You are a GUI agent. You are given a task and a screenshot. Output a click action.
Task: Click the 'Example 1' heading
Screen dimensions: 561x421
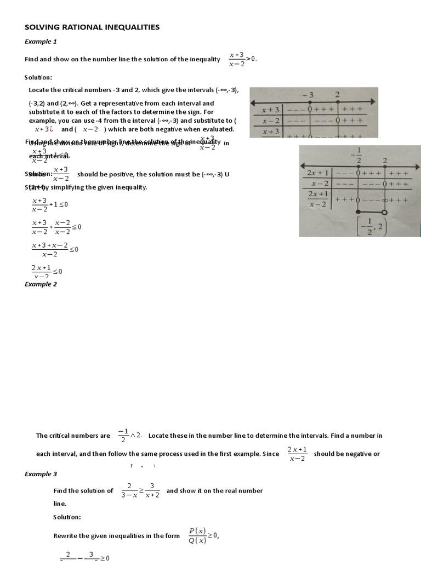[x=41, y=42]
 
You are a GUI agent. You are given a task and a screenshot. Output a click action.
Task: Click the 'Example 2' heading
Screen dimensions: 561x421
[x=41, y=284]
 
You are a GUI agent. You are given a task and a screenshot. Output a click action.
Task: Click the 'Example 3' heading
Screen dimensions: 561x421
[x=41, y=474]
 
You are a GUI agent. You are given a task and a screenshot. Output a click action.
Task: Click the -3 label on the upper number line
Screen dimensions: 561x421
[x=310, y=95]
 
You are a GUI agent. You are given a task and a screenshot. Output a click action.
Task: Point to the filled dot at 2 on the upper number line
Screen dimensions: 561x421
[x=338, y=101]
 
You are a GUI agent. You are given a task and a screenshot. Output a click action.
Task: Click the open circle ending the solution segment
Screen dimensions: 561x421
[x=384, y=212]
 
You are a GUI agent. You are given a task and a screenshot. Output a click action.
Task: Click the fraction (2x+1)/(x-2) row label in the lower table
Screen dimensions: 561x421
[x=318, y=199]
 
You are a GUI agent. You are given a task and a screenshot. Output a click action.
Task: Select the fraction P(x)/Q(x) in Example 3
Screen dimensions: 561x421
[x=196, y=535]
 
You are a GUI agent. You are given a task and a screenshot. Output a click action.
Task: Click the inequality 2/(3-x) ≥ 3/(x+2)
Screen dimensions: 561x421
[x=140, y=490]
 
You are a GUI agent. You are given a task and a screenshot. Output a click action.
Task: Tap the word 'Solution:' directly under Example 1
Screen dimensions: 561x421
[x=38, y=77]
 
